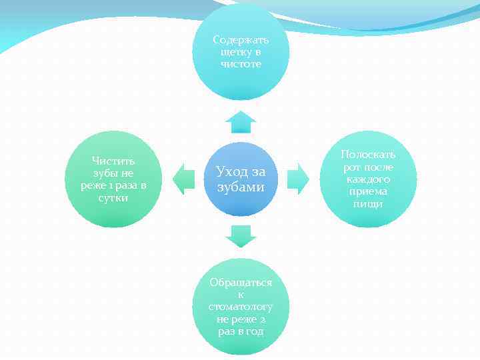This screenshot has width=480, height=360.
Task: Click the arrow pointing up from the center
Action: pos(241,123)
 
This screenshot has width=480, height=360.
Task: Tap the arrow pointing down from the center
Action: pos(241,235)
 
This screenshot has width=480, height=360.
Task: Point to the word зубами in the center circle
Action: pos(241,187)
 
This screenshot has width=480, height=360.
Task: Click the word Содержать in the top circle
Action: pos(241,40)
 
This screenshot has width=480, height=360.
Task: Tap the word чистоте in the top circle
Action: pos(241,64)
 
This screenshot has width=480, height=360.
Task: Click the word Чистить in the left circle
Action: pos(113,161)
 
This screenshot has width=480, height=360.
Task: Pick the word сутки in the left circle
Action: pos(113,198)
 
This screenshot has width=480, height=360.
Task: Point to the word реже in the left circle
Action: pos(94,185)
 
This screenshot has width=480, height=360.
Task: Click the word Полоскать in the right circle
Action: pos(368,155)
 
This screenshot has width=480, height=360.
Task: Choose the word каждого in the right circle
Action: pos(368,179)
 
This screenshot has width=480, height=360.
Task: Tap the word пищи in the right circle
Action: pos(368,204)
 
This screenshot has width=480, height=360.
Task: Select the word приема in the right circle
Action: pos(368,192)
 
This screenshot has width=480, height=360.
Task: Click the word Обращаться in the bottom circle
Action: pos(241,282)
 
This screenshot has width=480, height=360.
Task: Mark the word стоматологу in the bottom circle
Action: pos(241,307)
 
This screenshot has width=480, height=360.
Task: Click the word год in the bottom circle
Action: pos(253,332)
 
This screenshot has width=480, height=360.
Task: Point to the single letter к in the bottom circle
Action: pos(241,295)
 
